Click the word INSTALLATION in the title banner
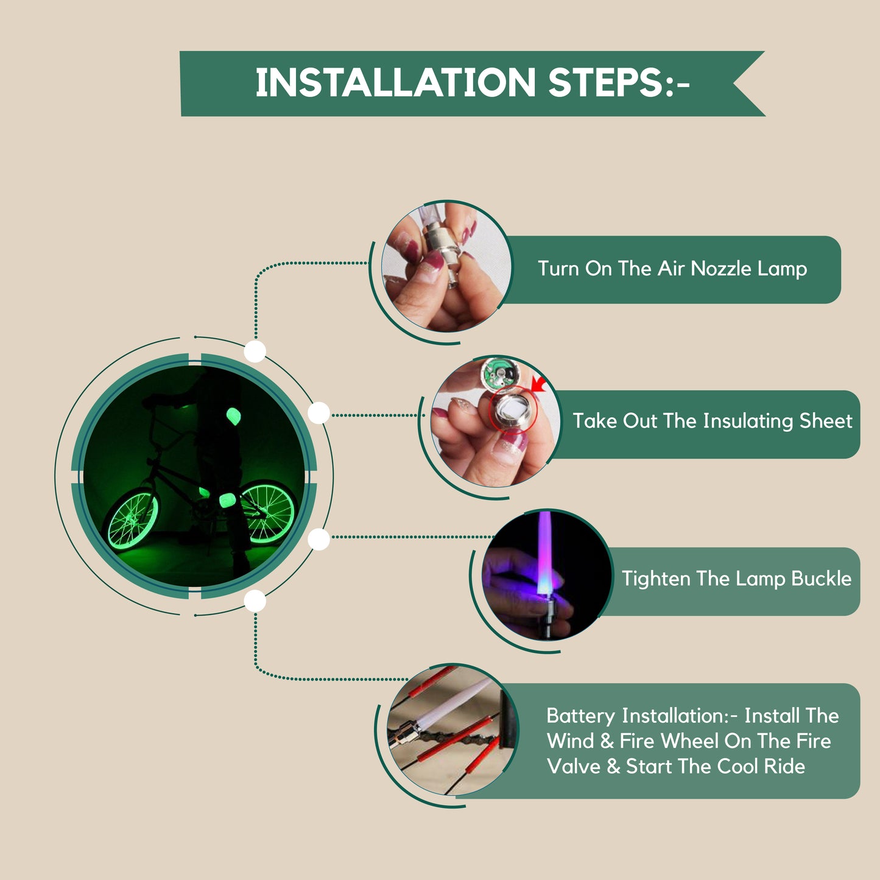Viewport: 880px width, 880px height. click(395, 82)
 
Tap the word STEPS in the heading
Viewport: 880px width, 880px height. click(607, 82)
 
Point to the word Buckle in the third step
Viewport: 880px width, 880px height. click(821, 579)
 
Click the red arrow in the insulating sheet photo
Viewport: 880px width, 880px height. click(540, 384)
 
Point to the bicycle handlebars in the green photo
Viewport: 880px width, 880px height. click(165, 402)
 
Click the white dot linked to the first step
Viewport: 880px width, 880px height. click(255, 351)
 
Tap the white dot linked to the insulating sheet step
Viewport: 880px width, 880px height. click(319, 413)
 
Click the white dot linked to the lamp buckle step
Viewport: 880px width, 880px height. click(319, 540)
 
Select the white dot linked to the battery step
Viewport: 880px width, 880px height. click(255, 600)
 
